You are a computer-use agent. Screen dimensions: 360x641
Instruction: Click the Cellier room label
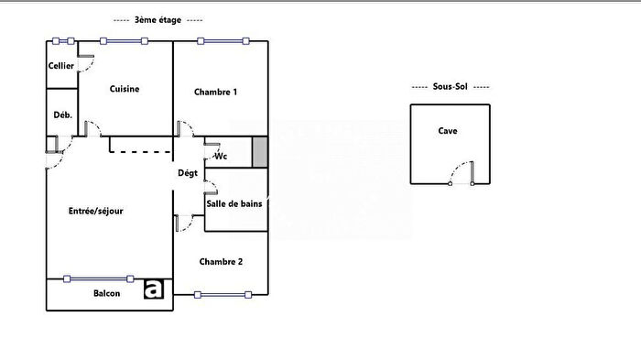(x=61, y=66)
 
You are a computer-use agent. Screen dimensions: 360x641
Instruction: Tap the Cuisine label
(x=124, y=89)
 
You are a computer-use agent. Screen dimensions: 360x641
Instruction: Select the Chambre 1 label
(x=216, y=92)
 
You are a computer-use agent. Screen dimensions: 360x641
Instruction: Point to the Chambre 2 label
(x=221, y=261)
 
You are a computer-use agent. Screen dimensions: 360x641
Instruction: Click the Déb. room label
(x=62, y=115)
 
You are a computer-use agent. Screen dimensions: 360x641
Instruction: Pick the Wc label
(x=220, y=156)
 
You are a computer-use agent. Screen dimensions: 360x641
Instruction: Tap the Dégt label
(x=188, y=173)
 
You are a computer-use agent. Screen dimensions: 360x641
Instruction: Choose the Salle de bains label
(x=234, y=203)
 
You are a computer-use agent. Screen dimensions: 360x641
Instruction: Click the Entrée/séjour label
(x=95, y=212)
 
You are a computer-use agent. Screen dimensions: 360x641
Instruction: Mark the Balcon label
(x=107, y=293)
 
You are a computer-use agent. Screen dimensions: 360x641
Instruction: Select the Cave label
(x=448, y=131)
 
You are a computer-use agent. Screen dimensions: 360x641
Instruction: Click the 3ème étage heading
(x=158, y=19)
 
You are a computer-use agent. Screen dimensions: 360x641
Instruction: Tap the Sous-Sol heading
(x=450, y=87)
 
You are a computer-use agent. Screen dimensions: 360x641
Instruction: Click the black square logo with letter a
(x=154, y=289)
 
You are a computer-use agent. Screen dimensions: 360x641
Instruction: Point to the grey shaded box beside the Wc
(x=259, y=151)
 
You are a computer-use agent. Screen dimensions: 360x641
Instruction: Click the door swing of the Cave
(x=462, y=172)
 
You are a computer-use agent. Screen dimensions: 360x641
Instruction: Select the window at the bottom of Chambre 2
(x=221, y=294)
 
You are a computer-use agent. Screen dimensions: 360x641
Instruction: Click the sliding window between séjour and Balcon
(x=98, y=278)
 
